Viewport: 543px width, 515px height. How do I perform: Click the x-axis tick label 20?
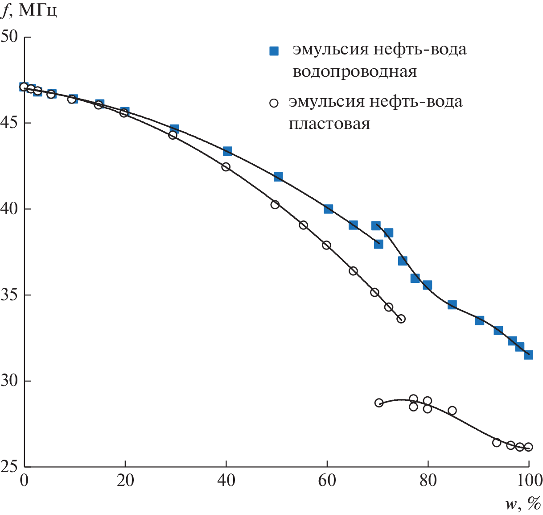click(x=125, y=481)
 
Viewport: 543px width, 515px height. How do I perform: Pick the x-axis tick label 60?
click(x=327, y=481)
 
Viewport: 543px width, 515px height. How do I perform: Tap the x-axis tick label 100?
click(x=529, y=481)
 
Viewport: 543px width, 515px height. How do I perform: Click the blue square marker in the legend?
click(x=274, y=51)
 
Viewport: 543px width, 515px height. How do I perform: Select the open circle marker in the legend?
click(x=274, y=103)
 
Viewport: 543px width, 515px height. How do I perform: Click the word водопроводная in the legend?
click(x=355, y=72)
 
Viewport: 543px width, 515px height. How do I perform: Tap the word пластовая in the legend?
click(x=329, y=124)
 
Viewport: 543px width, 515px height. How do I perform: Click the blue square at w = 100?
click(x=528, y=355)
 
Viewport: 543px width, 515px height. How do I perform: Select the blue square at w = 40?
click(x=227, y=151)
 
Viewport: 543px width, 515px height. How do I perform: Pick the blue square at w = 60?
click(x=329, y=208)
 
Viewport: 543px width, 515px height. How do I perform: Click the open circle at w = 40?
click(x=226, y=167)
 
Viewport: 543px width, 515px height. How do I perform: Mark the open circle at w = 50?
click(x=275, y=204)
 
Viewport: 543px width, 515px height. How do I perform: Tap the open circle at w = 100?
click(x=528, y=447)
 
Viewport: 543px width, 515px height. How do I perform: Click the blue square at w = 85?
click(x=452, y=305)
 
